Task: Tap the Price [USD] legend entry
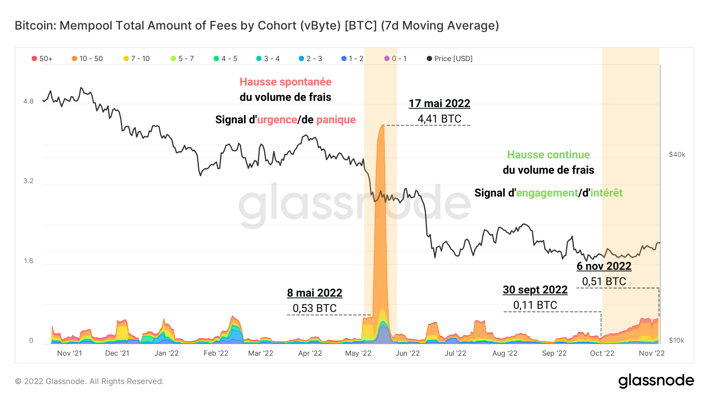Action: click(x=449, y=59)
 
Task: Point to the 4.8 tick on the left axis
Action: click(x=28, y=101)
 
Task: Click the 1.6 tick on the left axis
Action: click(x=28, y=261)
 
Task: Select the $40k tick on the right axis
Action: click(x=677, y=154)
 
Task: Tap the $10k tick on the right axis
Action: click(x=676, y=340)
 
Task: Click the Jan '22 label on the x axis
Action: click(x=166, y=353)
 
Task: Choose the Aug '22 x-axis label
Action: click(x=505, y=353)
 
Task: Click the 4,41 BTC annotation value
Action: click(x=439, y=119)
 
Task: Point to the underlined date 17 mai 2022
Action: click(x=439, y=104)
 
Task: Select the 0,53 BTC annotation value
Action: click(x=314, y=308)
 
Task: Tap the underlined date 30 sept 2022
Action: click(x=535, y=290)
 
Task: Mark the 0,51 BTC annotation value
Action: click(x=604, y=282)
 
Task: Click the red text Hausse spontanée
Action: click(x=285, y=82)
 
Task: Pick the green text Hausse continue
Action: click(x=548, y=155)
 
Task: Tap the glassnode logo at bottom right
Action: click(x=656, y=381)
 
